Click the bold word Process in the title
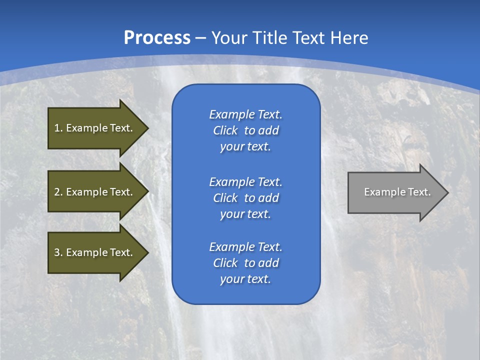coord(157,38)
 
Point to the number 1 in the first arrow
coord(57,128)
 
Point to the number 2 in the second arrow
coord(57,192)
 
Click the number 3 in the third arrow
coord(57,252)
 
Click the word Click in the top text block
coord(225,131)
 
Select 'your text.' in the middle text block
coord(245,214)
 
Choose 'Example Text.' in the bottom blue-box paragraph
coord(245,247)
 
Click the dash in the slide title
coord(201,38)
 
